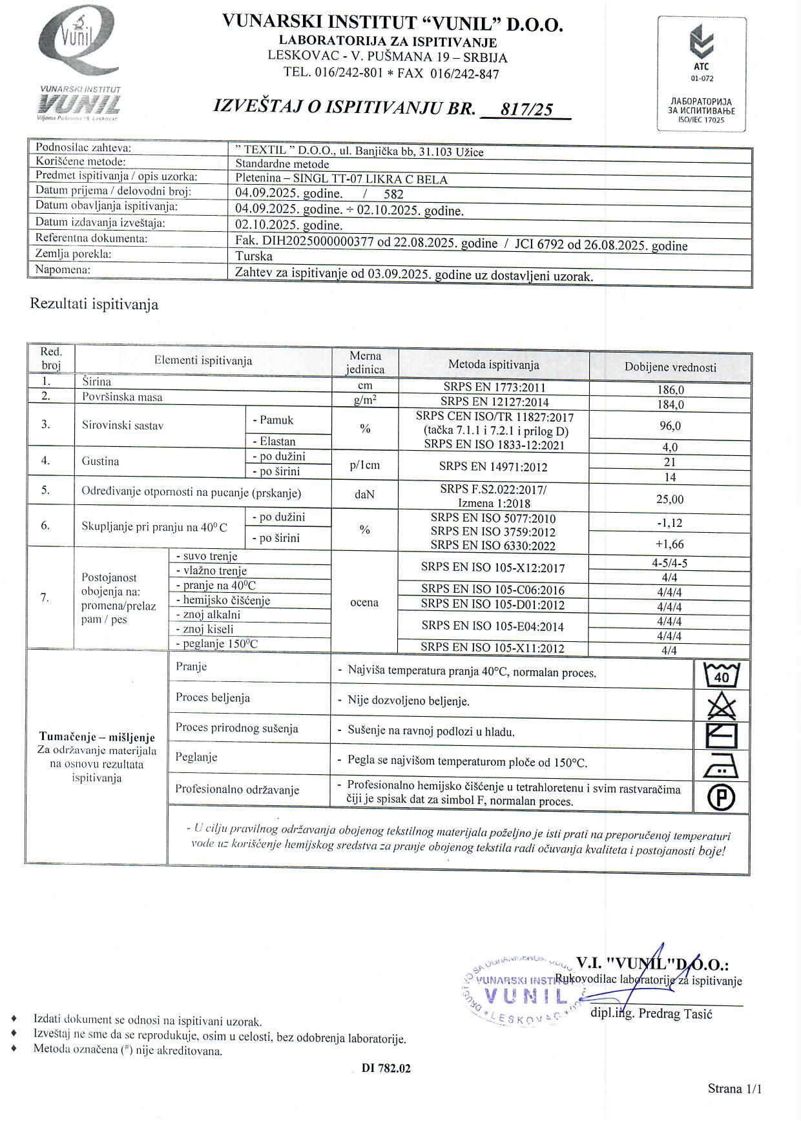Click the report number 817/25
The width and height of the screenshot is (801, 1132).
pyautogui.click(x=526, y=109)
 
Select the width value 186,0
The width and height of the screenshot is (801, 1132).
pyautogui.click(x=670, y=390)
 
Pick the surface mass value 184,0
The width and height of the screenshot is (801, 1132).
pyautogui.click(x=670, y=405)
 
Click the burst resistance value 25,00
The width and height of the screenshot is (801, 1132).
pyautogui.click(x=670, y=499)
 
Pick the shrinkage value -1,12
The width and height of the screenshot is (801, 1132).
pyautogui.click(x=670, y=523)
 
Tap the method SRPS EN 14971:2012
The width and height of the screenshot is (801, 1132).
pyautogui.click(x=494, y=466)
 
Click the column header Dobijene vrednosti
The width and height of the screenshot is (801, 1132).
pyautogui.click(x=670, y=367)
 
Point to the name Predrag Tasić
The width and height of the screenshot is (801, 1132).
pyautogui.click(x=675, y=1014)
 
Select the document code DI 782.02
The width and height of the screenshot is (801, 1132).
pyautogui.click(x=386, y=1068)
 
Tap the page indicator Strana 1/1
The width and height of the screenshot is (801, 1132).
pyautogui.click(x=734, y=1089)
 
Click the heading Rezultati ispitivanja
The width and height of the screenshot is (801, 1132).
pyautogui.click(x=94, y=304)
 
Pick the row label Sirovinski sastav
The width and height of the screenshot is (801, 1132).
pyautogui.click(x=123, y=425)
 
